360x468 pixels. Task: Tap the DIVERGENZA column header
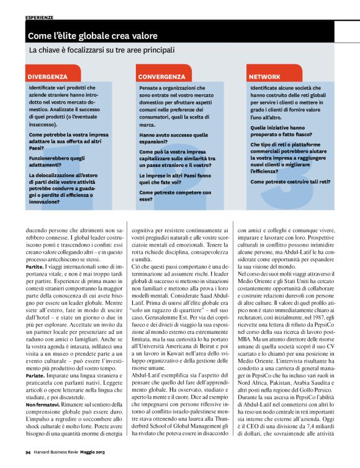48,76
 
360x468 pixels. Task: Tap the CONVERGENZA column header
161,76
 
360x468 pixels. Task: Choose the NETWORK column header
264,76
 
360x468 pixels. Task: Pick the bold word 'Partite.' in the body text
35,266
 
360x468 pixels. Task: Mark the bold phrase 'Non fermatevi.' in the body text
43,405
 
